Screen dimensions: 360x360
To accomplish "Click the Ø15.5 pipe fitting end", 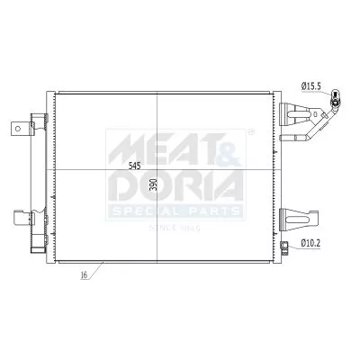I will (x=337, y=100).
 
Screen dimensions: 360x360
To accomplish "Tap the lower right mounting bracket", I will (x=297, y=217).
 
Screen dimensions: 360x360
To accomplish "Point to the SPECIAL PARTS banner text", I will (x=176, y=211).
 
